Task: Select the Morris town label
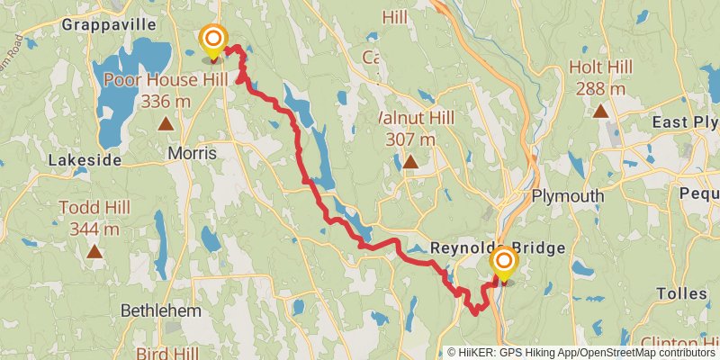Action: [193, 154]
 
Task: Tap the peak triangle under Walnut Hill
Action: [410, 163]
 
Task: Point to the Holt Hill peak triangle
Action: [600, 112]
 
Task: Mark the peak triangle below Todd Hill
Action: [94, 253]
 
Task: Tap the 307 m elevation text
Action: [410, 139]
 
